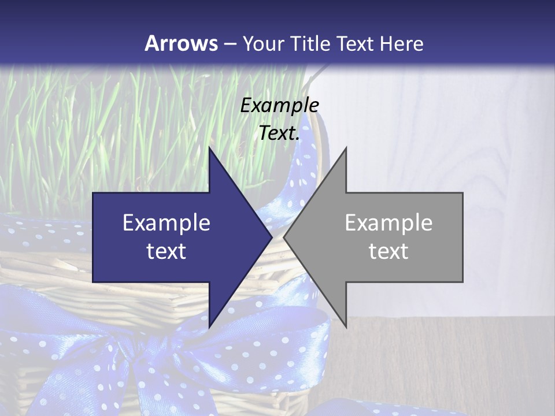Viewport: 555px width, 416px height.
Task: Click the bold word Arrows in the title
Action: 181,43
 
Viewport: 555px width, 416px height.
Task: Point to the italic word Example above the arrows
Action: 279,105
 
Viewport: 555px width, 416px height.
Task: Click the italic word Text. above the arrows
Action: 279,133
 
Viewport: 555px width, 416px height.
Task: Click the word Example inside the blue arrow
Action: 166,222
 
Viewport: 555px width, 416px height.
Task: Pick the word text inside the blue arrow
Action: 166,251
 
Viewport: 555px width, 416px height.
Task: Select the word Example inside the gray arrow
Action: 388,222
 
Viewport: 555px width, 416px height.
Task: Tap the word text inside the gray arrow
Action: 388,251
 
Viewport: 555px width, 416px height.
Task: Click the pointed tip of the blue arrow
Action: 272,237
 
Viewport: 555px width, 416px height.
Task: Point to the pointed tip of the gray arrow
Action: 284,237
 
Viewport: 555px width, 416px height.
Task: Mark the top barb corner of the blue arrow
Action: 209,148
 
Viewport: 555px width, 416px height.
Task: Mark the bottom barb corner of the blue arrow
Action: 209,327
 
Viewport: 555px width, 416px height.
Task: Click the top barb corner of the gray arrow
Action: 346,148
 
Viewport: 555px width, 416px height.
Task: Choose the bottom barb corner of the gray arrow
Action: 346,327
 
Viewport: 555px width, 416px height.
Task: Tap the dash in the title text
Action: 230,44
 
